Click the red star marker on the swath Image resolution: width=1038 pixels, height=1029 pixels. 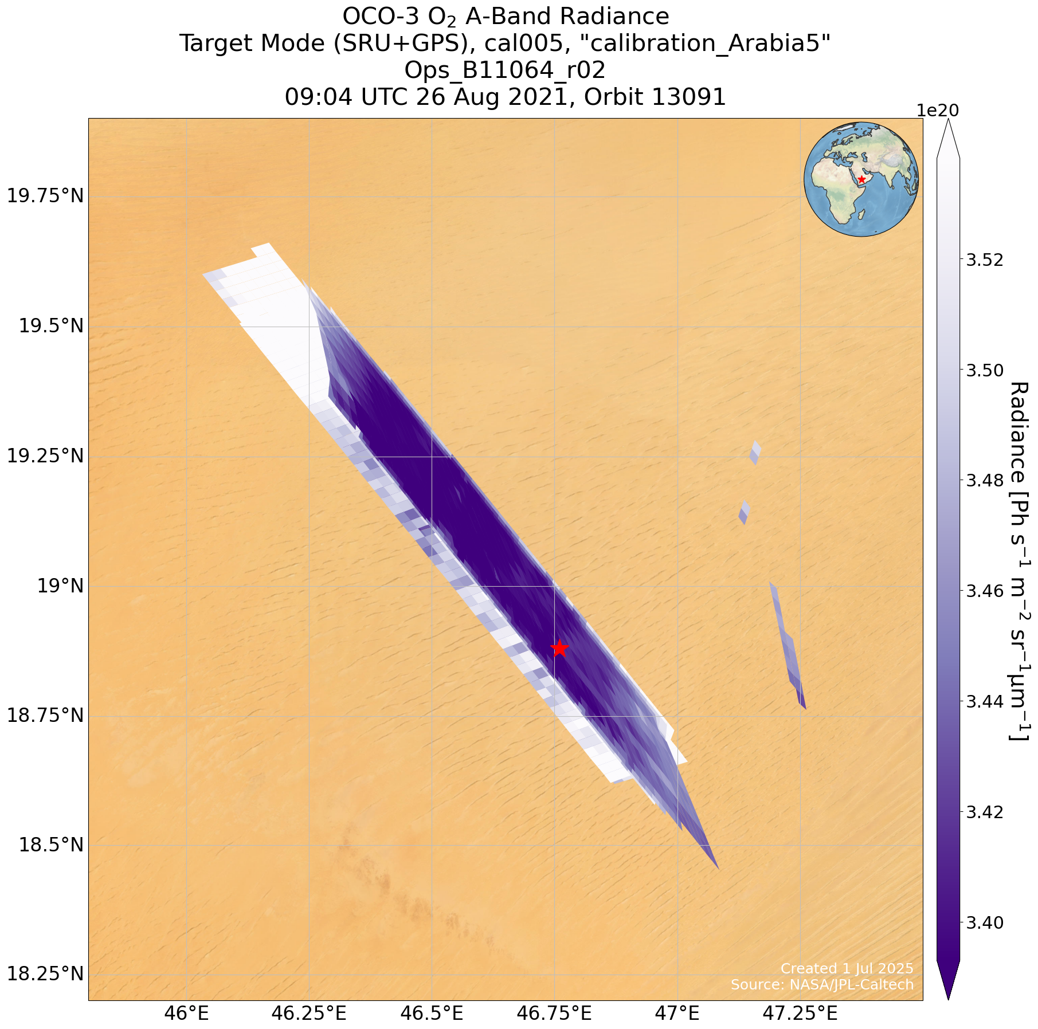point(559,648)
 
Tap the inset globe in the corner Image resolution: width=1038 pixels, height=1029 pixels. point(861,179)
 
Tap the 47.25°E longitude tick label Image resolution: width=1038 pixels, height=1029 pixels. point(800,1014)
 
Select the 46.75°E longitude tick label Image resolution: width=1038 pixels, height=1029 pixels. point(554,1014)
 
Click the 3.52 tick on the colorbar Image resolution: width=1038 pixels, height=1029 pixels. point(985,260)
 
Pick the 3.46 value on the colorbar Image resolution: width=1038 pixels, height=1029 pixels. point(985,591)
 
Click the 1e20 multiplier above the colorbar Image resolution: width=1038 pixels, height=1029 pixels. point(938,110)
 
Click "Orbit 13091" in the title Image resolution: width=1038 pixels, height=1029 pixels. point(655,97)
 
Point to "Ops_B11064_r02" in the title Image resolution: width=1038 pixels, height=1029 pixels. point(504,70)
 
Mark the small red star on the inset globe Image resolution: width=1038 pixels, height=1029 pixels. point(861,179)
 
